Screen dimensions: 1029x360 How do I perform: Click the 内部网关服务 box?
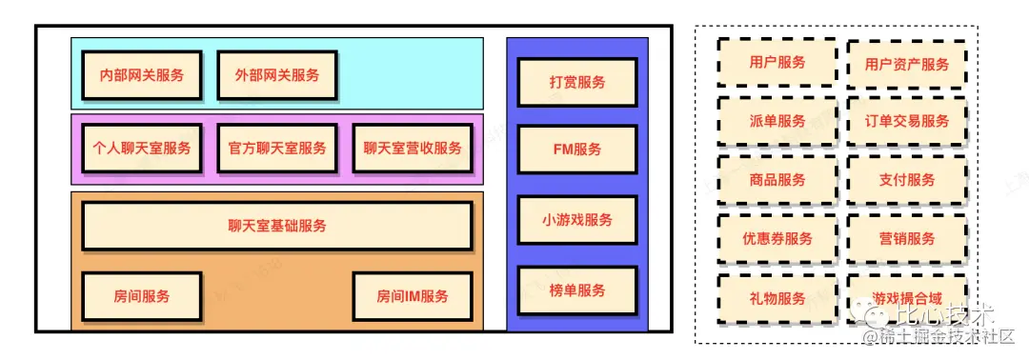tap(142, 75)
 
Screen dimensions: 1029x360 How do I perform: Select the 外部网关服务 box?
tap(277, 75)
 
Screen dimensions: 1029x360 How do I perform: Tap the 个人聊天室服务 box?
tap(142, 149)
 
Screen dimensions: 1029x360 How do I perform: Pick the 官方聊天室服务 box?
tap(277, 149)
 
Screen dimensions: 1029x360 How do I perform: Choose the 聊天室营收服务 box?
tap(413, 149)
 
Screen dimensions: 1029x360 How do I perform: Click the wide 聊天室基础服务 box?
tap(277, 226)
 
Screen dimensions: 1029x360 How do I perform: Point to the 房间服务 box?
tap(142, 296)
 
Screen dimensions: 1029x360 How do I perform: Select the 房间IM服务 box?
tap(413, 296)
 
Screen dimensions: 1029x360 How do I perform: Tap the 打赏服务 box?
tap(577, 82)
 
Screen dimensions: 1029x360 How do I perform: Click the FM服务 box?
tap(577, 150)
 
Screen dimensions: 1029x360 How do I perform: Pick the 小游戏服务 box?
tap(577, 220)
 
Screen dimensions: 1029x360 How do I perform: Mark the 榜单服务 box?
tap(577, 290)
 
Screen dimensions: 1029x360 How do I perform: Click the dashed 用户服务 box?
tap(777, 63)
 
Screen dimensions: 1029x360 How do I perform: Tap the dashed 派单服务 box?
tap(777, 121)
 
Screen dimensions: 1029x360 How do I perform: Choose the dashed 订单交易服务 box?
tap(907, 121)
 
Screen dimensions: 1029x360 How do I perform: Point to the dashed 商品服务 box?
tap(777, 180)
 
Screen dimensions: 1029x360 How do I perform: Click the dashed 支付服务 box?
tap(907, 180)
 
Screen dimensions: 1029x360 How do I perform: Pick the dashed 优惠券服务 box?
tap(777, 239)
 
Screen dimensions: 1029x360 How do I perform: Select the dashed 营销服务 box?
tap(907, 239)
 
